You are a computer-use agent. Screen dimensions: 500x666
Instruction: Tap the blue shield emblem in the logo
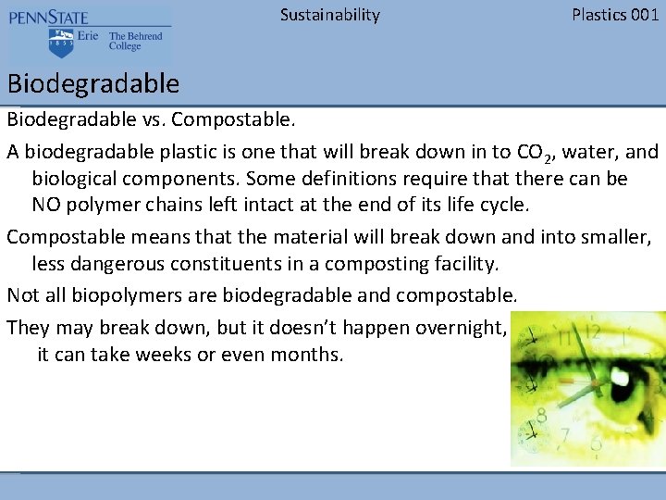click(x=61, y=42)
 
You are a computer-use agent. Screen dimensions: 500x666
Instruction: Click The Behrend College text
click(x=135, y=42)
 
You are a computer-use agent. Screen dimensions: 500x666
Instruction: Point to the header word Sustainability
click(x=329, y=15)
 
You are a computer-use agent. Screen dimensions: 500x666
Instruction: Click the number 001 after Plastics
click(x=644, y=15)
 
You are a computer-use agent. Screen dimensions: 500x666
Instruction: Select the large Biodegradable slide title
click(x=93, y=84)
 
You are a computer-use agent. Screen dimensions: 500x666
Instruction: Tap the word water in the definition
click(x=587, y=151)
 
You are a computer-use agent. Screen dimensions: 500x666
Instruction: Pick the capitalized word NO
click(x=47, y=205)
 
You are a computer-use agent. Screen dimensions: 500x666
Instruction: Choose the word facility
click(x=466, y=264)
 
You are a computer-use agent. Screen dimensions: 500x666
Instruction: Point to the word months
click(x=306, y=355)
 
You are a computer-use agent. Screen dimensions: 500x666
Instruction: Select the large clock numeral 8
click(x=563, y=436)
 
